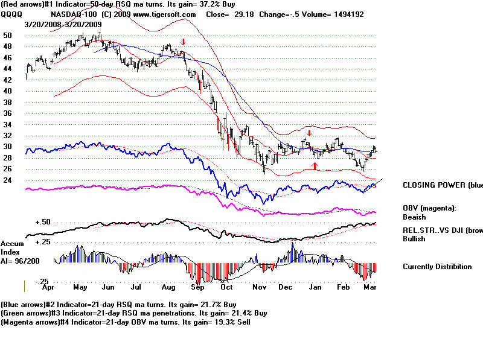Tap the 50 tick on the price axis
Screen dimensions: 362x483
7,36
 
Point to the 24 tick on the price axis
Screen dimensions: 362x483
7,179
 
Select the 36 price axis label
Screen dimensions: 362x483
7,113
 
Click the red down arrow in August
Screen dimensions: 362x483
183,42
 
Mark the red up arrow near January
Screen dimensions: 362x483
314,165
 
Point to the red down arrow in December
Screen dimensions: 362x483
309,133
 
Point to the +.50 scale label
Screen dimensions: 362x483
42,222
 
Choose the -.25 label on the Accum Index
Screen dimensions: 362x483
42,281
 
